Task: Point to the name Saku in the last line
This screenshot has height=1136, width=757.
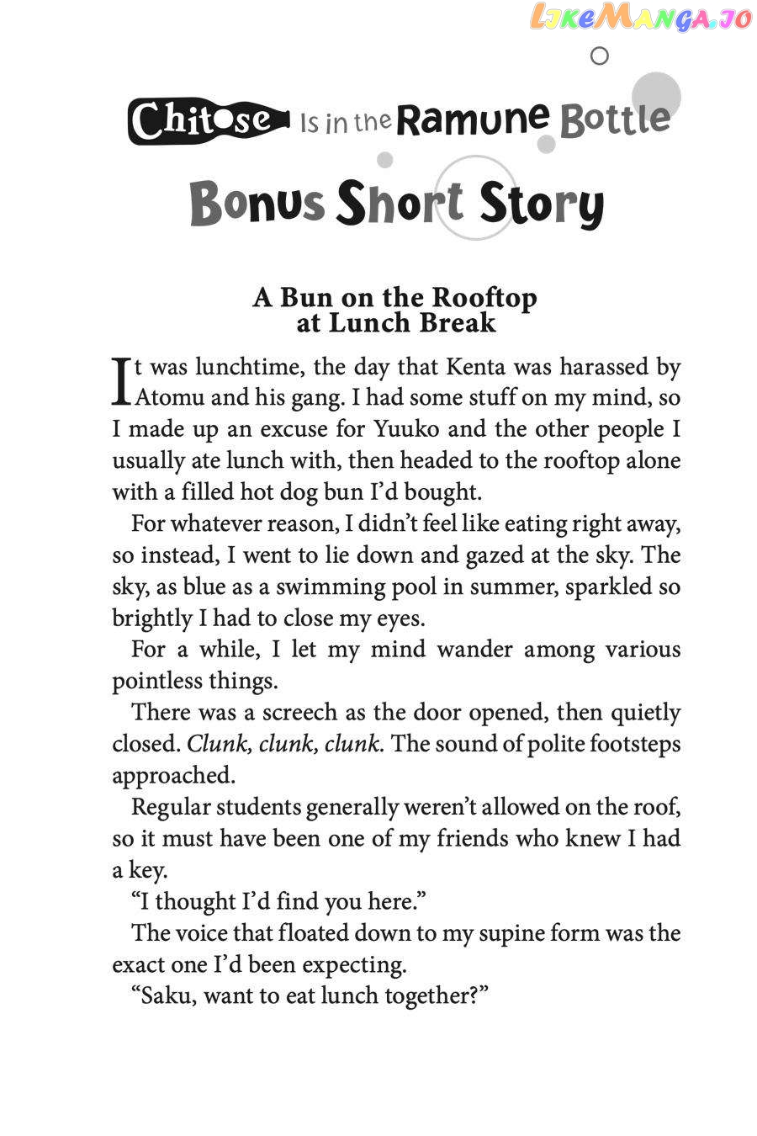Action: [165, 995]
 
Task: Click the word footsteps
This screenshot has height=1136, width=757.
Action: [634, 744]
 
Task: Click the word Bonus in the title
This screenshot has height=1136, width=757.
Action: [257, 204]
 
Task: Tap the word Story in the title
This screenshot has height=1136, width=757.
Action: [542, 204]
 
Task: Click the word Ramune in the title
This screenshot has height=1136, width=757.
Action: [473, 119]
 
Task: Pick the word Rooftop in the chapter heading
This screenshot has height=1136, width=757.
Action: [484, 298]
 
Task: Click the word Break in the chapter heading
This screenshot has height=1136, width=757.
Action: [459, 322]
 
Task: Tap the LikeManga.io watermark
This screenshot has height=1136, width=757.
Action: [640, 18]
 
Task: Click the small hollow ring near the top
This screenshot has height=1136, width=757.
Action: [600, 56]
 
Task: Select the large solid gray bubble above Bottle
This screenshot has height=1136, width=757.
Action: [656, 95]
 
